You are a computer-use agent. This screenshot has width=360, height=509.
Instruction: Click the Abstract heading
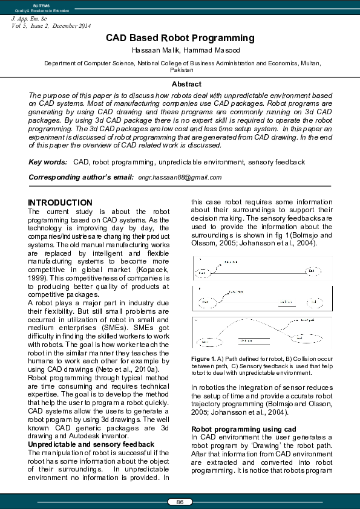pos(186,84)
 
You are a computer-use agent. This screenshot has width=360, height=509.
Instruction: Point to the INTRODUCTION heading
pos(61,203)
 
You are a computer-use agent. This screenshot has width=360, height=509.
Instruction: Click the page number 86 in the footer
pos(180,502)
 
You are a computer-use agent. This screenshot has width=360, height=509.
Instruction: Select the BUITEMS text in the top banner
pos(33,5)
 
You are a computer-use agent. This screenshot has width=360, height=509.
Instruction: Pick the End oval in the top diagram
pos(311,271)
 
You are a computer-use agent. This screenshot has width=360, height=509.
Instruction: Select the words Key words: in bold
pos(48,162)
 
